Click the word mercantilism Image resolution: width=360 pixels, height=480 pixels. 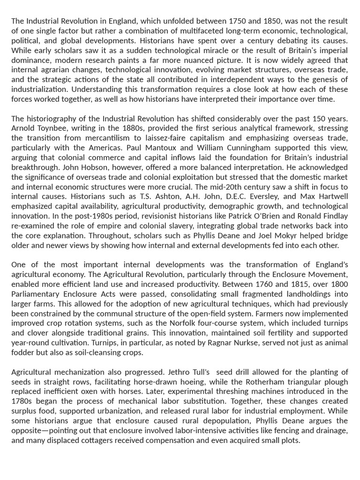click(x=107, y=138)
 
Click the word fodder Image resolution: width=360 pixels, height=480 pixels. click(x=22, y=352)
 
